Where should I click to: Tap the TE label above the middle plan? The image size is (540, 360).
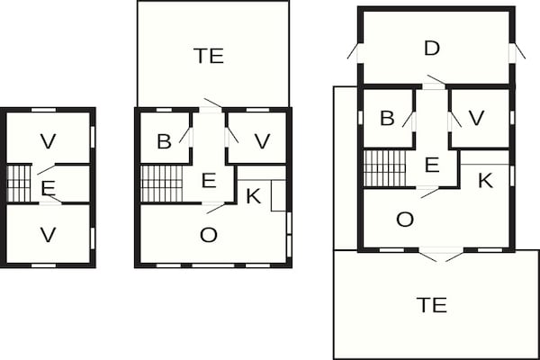click(x=209, y=56)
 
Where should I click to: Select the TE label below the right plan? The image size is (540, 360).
click(x=433, y=305)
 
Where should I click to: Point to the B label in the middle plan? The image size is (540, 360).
click(x=164, y=141)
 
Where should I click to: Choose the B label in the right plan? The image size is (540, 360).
click(x=387, y=118)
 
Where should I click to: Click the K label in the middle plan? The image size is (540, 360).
click(x=254, y=196)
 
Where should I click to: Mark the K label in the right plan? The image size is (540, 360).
click(x=485, y=180)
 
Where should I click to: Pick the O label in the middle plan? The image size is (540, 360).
click(x=209, y=235)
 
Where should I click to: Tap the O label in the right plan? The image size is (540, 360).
click(x=405, y=220)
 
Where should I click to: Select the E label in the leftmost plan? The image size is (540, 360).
click(x=48, y=188)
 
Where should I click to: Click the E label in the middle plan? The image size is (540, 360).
click(x=209, y=181)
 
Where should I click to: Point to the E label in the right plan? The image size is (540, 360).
click(x=431, y=165)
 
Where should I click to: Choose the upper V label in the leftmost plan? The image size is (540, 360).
click(x=48, y=140)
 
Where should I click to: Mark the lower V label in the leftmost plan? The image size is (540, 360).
click(x=48, y=234)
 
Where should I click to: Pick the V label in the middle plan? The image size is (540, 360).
click(x=262, y=141)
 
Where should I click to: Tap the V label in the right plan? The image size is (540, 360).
click(x=477, y=118)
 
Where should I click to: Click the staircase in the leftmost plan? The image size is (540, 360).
click(x=19, y=184)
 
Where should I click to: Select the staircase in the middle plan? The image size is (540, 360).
click(x=162, y=184)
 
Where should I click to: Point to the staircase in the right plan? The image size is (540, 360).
click(x=384, y=167)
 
